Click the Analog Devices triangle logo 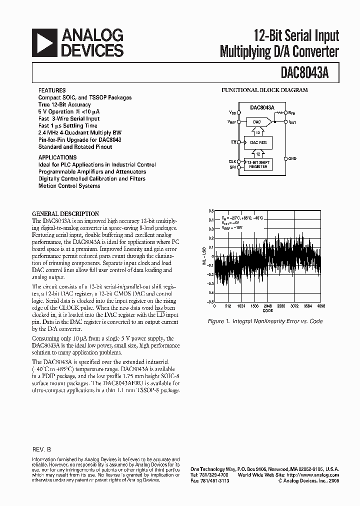click(x=43, y=42)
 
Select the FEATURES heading click(x=51, y=90)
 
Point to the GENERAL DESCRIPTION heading click(x=65, y=213)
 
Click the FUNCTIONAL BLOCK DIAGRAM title click(x=264, y=90)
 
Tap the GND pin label click(x=292, y=158)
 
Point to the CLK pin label click(x=232, y=161)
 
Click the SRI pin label click(x=232, y=167)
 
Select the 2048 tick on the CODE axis click(x=268, y=305)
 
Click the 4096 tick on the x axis click(x=321, y=305)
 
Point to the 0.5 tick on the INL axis click(x=210, y=211)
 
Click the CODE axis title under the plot click(x=268, y=310)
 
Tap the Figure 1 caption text click(x=265, y=321)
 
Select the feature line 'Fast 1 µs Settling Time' click(x=68, y=126)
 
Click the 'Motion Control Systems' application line click(x=69, y=186)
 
